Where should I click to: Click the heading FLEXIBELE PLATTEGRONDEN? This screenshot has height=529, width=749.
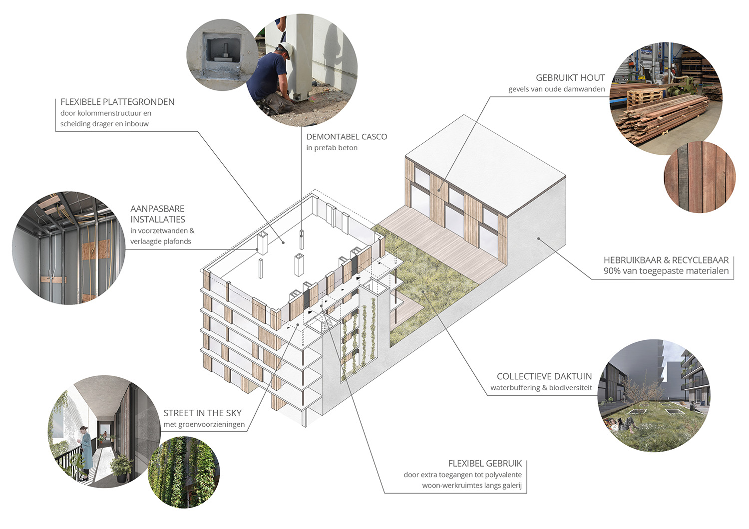point(117,102)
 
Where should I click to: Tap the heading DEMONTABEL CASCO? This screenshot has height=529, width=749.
point(347,137)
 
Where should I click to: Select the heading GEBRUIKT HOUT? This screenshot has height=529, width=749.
point(570,78)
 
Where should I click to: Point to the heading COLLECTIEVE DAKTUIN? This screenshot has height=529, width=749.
point(544,376)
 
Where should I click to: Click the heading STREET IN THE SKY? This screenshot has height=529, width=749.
point(202,413)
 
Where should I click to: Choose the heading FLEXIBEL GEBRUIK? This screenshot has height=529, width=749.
point(485,464)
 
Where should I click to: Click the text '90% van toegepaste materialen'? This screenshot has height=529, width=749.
point(666,271)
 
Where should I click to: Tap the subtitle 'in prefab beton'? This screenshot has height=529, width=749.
point(332,148)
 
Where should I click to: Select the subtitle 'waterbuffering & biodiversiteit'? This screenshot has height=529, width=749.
point(541,388)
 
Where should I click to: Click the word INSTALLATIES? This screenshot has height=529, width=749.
point(158,220)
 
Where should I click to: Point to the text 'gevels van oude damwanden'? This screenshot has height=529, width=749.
point(556,89)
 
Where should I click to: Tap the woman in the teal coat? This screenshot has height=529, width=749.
point(86,449)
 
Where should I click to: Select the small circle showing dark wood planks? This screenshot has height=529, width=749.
point(700,177)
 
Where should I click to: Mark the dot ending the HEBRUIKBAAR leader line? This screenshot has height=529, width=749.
point(539,239)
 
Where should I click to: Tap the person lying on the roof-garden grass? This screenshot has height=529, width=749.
point(619,424)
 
